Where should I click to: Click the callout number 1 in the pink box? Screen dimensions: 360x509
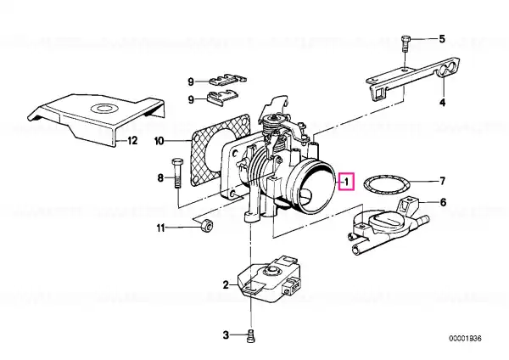[345, 180]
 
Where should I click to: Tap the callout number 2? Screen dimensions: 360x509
[226, 284]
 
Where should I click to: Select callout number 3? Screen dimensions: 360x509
[226, 336]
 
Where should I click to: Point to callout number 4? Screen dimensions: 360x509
[441, 103]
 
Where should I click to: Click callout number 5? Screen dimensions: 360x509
[441, 39]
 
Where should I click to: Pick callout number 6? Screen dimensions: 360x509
[441, 203]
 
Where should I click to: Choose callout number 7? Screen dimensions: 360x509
[441, 181]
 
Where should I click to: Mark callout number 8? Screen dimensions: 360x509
[159, 177]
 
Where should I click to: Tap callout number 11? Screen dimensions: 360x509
[159, 228]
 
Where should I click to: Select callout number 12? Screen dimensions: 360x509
[131, 141]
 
